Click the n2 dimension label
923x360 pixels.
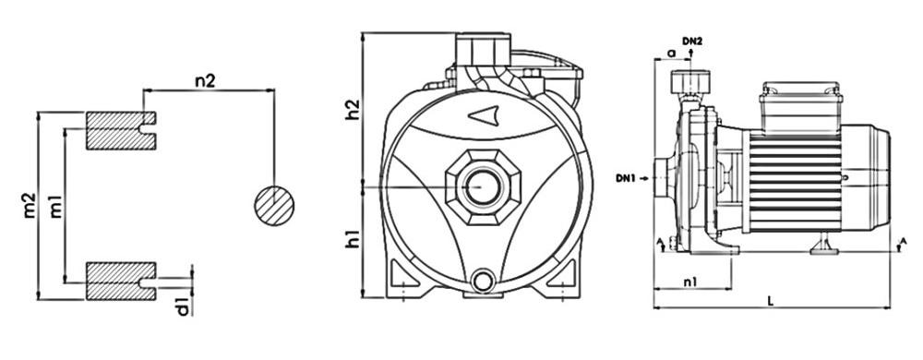pos(206,81)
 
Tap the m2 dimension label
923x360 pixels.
pos(30,206)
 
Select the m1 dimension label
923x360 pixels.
pos(56,206)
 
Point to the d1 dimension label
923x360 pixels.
pos(184,306)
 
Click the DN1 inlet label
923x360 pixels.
pos(625,177)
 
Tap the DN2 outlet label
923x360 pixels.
pos(692,42)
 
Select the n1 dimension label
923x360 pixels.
pos(690,282)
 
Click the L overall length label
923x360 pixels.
pos(771,300)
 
